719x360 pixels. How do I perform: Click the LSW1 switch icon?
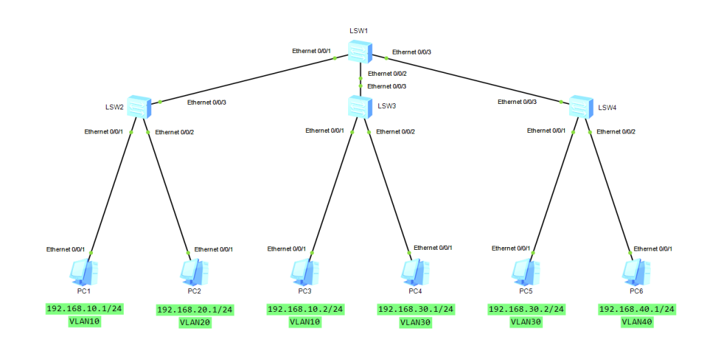(360, 52)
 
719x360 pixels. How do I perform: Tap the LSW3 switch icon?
(360, 107)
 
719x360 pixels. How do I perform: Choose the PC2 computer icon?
(193, 272)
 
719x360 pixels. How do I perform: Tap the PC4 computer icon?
(415, 272)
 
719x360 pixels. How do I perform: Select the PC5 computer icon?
(525, 272)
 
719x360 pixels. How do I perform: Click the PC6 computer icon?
(635, 272)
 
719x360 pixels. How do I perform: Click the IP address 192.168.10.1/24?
(85, 308)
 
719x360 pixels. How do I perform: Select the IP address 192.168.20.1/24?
(195, 310)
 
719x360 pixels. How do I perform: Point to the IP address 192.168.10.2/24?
(305, 309)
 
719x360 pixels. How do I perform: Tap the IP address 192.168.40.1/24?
(637, 309)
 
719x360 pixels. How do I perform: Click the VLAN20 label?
(195, 321)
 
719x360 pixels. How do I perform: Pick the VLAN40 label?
(637, 321)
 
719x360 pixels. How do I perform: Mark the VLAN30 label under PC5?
(526, 321)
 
